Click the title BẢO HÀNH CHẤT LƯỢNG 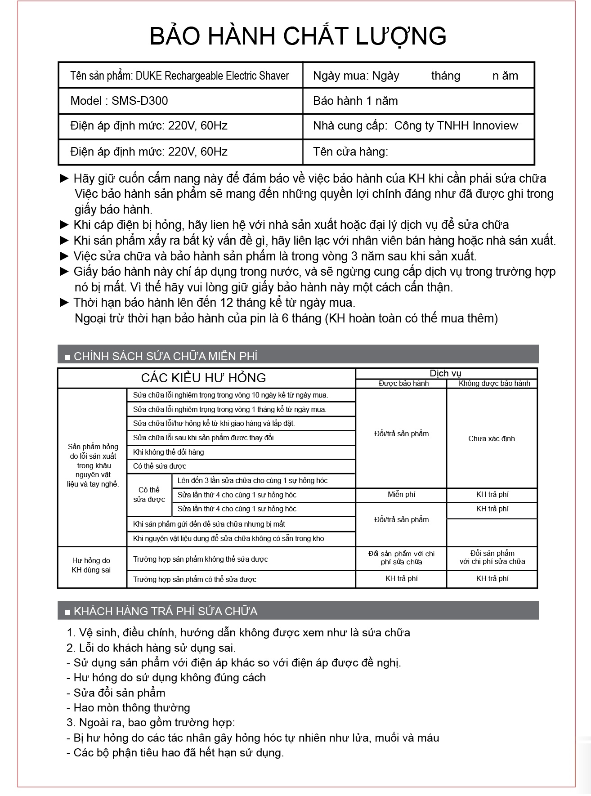[x=298, y=36]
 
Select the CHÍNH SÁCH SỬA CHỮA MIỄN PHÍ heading [x=166, y=357]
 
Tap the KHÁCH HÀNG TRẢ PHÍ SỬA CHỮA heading [x=166, y=611]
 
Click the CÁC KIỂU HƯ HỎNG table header [x=203, y=377]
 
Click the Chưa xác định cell [x=491, y=438]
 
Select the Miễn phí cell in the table [x=401, y=495]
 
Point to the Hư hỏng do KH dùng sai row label [x=91, y=565]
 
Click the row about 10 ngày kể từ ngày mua [x=230, y=395]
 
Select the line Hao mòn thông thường [x=132, y=708]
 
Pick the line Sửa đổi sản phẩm [x=120, y=693]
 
